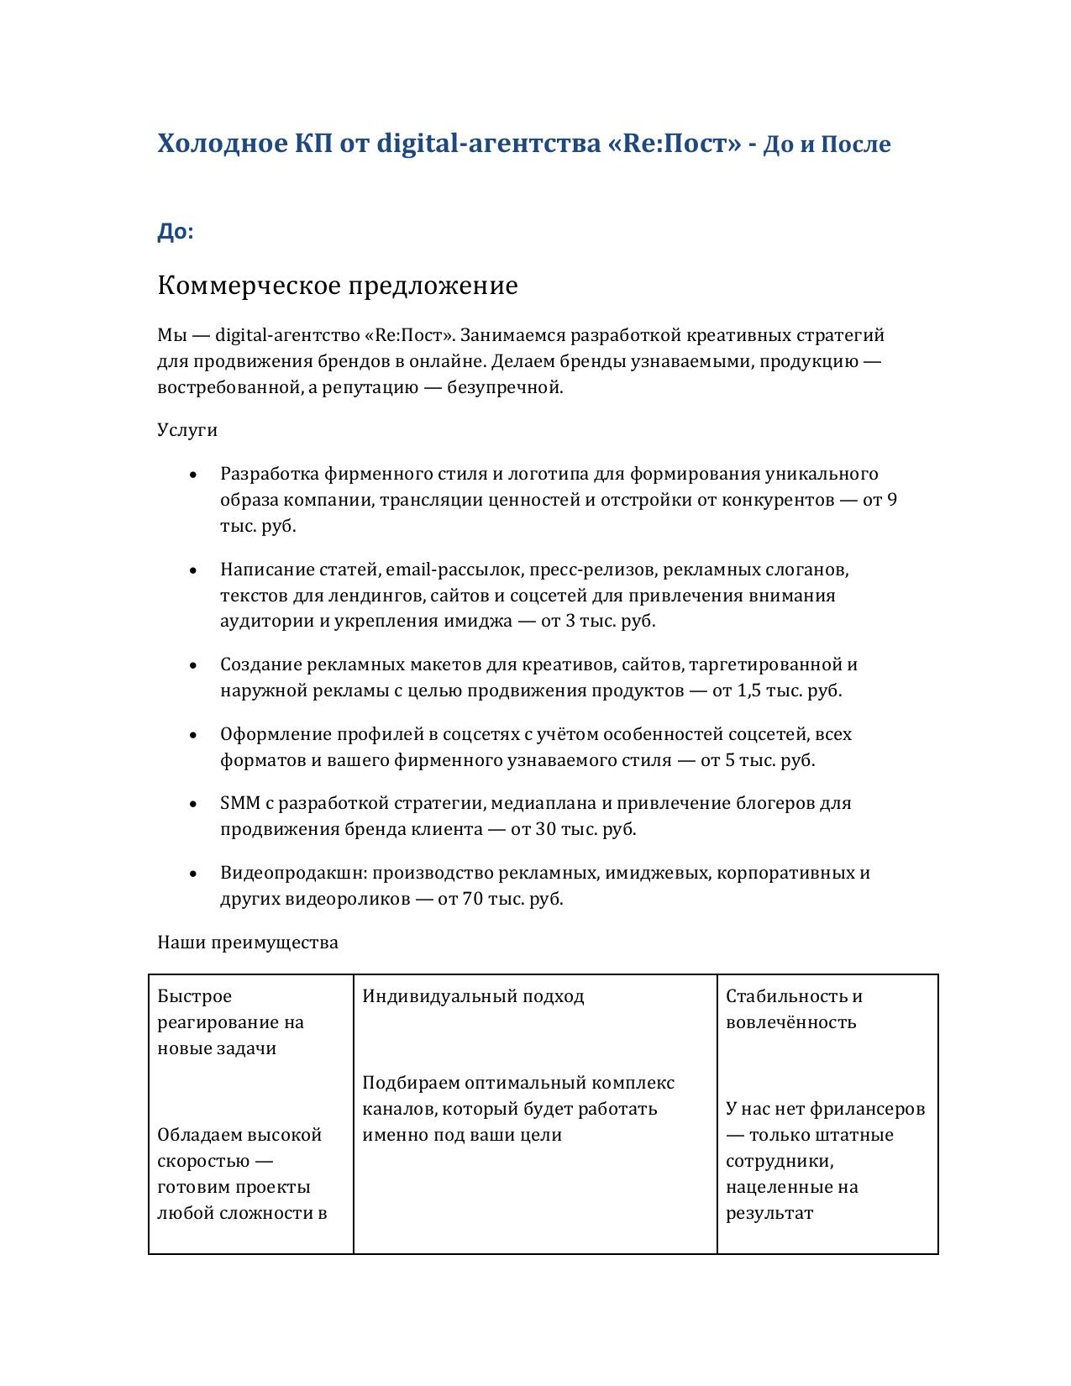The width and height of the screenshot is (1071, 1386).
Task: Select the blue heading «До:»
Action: tap(175, 232)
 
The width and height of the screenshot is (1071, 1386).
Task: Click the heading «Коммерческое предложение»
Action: tap(337, 286)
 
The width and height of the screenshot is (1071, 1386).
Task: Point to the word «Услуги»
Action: tap(187, 430)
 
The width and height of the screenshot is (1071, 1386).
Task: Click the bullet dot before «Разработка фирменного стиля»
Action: tap(194, 475)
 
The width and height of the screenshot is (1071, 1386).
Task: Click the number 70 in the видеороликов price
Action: tap(472, 899)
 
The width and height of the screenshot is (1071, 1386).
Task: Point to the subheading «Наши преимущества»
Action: tap(248, 942)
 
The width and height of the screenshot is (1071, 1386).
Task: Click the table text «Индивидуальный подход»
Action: tap(473, 996)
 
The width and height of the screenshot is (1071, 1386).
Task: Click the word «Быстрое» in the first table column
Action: tap(194, 996)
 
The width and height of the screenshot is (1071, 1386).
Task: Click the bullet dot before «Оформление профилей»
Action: tap(194, 735)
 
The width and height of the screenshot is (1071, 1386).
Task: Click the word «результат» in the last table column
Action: tap(769, 1213)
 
